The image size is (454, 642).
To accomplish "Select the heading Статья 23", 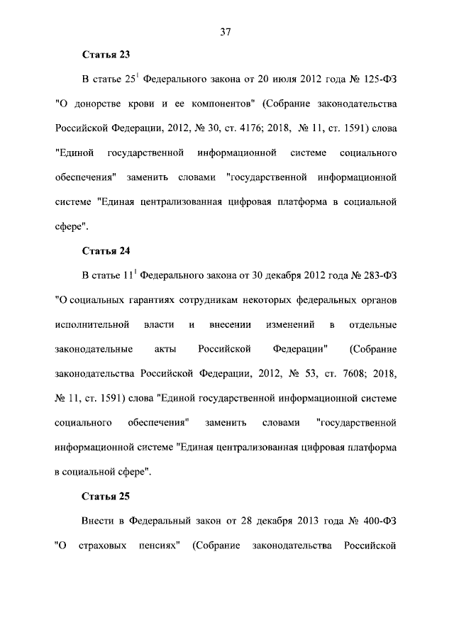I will point(106,54).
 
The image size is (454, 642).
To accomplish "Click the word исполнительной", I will point(92,325).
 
